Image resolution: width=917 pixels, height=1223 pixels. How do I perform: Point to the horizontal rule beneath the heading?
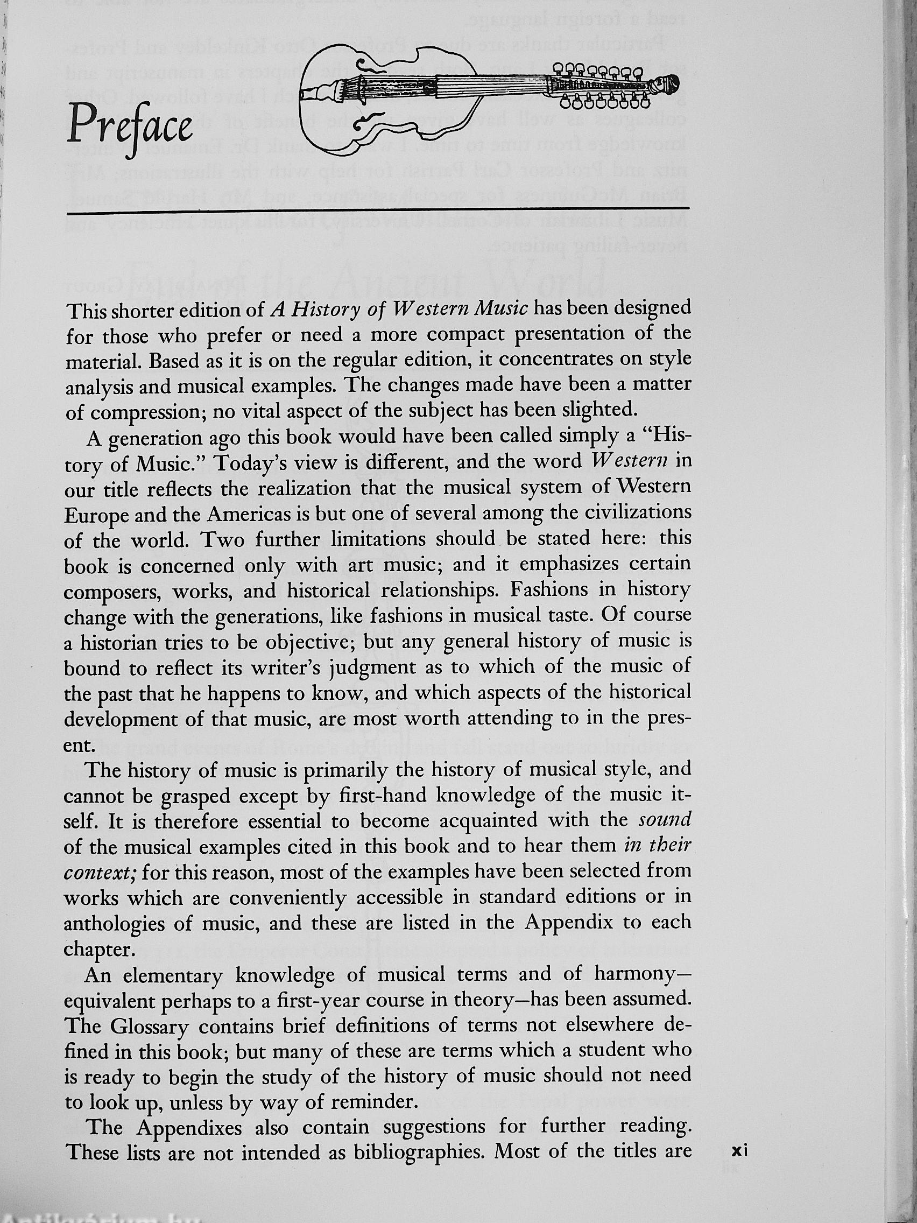(378, 210)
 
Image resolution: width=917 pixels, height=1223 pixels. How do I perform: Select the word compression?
(143, 412)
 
